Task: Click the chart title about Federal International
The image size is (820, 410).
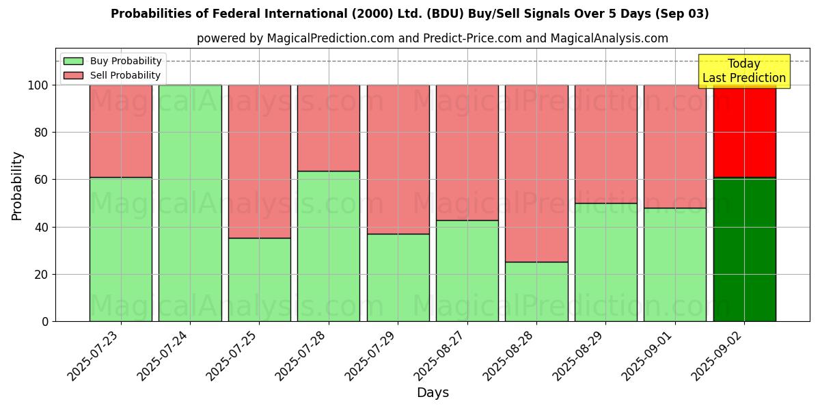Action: pos(409,14)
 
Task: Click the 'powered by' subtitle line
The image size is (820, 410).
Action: pos(432,38)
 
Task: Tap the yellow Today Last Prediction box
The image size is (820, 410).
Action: pos(743,71)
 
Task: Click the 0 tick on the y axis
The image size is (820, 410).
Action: pos(45,321)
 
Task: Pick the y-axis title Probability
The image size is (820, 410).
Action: pos(17,186)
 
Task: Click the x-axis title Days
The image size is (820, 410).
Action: pos(433,393)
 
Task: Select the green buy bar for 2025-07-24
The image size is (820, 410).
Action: pos(190,203)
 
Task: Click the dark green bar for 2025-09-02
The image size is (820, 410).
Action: pos(744,249)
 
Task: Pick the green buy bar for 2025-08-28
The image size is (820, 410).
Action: pos(536,292)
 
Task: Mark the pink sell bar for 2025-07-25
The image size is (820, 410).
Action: pos(259,161)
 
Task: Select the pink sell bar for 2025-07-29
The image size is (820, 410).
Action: pos(398,159)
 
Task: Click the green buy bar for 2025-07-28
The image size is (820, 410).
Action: pos(329,246)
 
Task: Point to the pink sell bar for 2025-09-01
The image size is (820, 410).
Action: pos(675,146)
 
